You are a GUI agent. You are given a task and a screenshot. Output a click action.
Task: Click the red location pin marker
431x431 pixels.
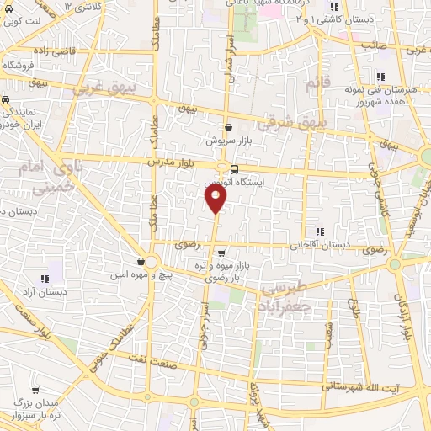(x=216, y=198)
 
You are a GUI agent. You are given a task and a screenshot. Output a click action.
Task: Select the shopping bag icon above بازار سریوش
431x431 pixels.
(x=228, y=128)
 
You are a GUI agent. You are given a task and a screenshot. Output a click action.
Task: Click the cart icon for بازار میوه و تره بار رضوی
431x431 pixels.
(x=221, y=253)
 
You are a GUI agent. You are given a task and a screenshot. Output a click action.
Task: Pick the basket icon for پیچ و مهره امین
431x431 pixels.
(x=141, y=260)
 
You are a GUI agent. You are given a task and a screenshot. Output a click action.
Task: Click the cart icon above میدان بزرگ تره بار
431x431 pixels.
(x=36, y=391)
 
